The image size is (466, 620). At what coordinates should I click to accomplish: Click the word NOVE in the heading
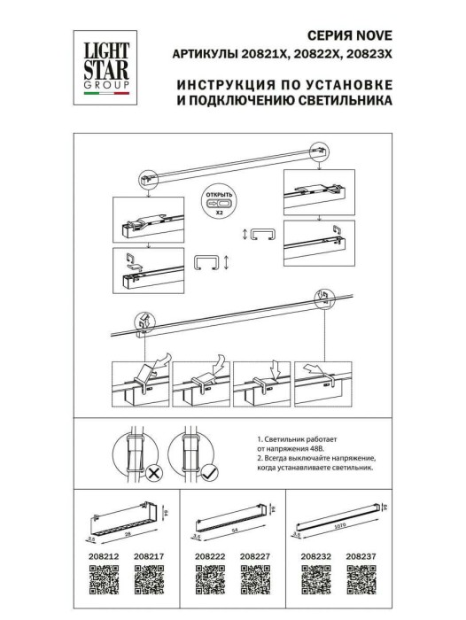pyautogui.click(x=372, y=36)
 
